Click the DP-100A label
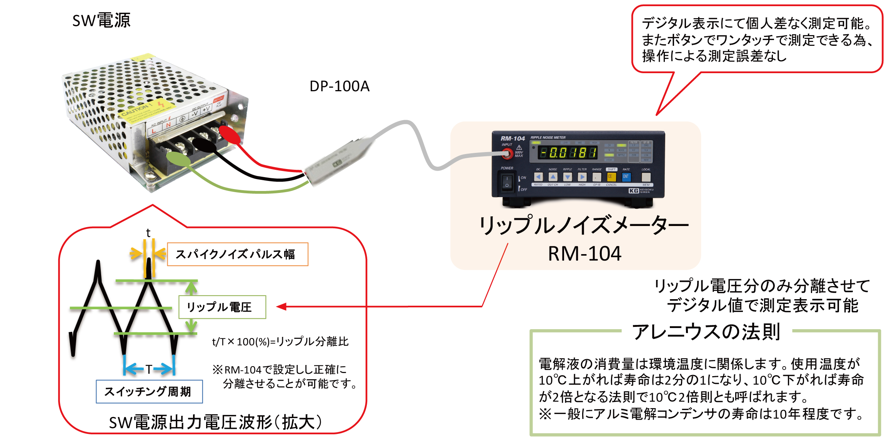point(340,86)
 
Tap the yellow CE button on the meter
point(611,177)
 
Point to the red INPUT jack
point(507,154)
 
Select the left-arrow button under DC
point(538,177)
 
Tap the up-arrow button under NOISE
point(553,177)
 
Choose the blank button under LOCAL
point(646,177)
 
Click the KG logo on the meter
point(634,191)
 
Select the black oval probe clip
point(205,146)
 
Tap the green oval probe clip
point(178,159)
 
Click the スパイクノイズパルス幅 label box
point(237,254)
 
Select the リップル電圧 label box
point(222,307)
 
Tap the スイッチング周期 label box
point(149,392)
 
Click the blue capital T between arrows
point(149,369)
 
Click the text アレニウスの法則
point(706,332)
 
